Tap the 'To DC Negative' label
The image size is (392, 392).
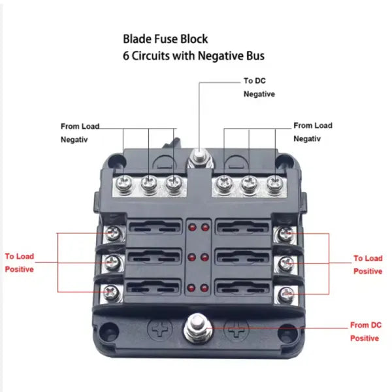coord(259,88)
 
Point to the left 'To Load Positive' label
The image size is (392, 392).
coord(20,263)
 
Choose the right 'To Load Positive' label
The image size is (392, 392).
coord(368,265)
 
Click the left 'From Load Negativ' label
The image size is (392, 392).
coord(79,133)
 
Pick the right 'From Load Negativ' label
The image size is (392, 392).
coord(312,131)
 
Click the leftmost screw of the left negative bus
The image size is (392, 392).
coord(124,184)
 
